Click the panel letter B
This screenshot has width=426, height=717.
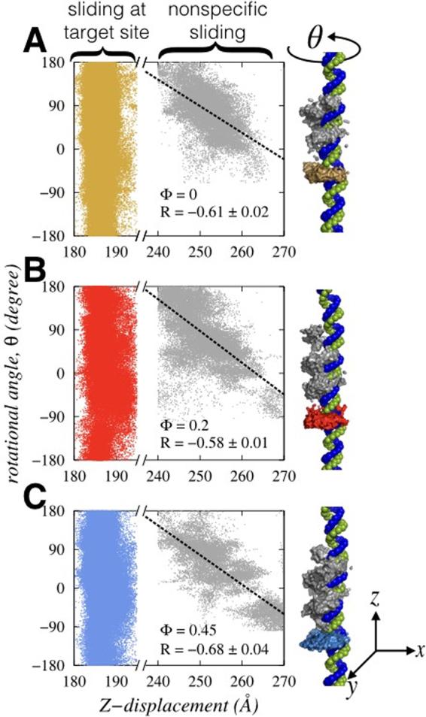click(38, 269)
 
